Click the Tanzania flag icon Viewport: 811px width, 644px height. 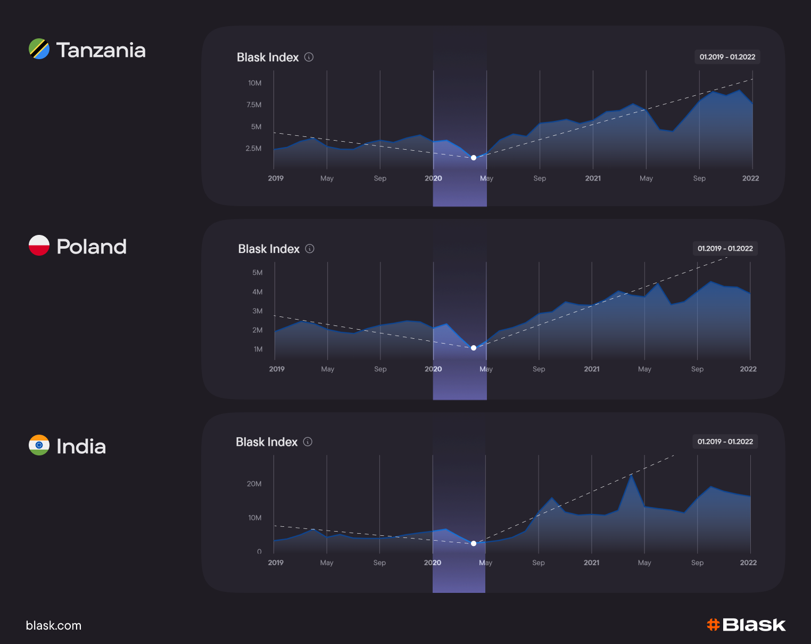39,49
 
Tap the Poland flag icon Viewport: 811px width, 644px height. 39,246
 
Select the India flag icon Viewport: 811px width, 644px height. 39,445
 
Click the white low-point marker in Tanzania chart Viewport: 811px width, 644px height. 474,158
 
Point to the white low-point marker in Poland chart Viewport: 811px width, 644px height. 474,348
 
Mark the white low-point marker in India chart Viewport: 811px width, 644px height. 474,543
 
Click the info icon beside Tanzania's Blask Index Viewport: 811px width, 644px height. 309,57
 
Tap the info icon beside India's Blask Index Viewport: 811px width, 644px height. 308,442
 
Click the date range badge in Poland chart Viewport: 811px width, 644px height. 725,249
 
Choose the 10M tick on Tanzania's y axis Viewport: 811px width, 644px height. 254,83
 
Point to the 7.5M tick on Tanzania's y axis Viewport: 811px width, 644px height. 254,105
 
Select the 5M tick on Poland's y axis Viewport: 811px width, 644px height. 257,273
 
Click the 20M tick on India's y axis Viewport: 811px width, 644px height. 254,484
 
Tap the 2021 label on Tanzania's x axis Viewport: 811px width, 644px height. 593,178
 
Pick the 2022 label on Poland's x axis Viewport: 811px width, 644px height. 748,369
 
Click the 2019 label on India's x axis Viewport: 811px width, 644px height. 276,563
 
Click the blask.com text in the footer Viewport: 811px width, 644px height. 54,625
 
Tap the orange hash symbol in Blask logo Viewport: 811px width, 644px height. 713,624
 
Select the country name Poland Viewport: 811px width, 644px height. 92,247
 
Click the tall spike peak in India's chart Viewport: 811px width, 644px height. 632,476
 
